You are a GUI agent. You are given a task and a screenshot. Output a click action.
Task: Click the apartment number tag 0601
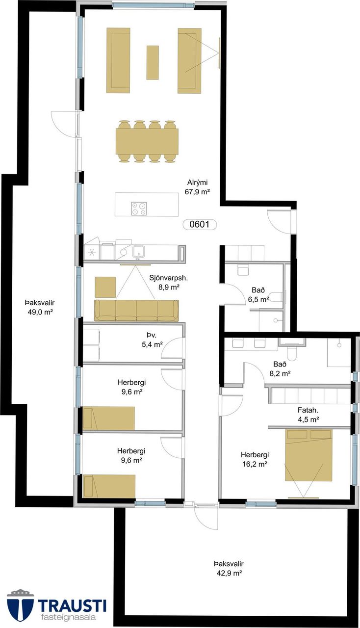click(x=200, y=224)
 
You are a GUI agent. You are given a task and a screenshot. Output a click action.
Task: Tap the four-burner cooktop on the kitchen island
click(x=139, y=209)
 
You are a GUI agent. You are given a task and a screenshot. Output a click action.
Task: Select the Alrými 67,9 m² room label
click(x=197, y=187)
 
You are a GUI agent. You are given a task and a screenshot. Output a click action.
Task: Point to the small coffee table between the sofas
click(x=153, y=62)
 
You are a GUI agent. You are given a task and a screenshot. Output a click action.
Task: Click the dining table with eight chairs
click(x=147, y=141)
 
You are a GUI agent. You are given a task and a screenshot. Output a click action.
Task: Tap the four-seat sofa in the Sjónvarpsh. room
click(x=136, y=311)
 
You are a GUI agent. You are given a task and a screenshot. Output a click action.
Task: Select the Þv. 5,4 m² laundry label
click(x=152, y=340)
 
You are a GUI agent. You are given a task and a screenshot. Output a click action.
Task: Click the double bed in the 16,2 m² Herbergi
click(x=309, y=454)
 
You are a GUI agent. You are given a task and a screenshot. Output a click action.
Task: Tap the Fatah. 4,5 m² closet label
click(x=308, y=415)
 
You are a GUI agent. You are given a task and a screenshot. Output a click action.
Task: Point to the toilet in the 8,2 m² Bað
click(x=291, y=354)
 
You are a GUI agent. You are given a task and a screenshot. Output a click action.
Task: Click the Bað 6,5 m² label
click(x=258, y=295)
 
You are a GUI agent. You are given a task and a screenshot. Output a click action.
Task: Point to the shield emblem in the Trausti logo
click(x=20, y=605)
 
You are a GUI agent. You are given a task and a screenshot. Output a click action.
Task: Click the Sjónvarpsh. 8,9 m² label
click(x=168, y=282)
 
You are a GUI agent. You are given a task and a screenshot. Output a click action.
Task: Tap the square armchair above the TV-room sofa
click(x=105, y=287)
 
